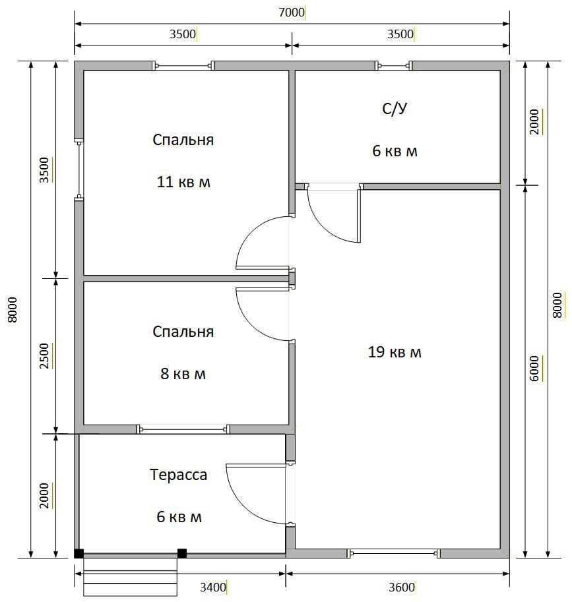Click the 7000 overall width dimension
[292, 13]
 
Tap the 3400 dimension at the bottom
[213, 587]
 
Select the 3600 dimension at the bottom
[401, 587]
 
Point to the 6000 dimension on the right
[534, 368]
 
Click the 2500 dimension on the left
[44, 356]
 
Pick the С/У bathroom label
[395, 109]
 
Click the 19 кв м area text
[395, 352]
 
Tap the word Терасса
[178, 475]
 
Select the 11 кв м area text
[183, 181]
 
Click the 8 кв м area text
[183, 374]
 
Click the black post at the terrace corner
[79, 553]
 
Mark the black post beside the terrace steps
[181, 553]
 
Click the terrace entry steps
[130, 577]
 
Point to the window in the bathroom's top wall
[394, 66]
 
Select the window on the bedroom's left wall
[79, 169]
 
